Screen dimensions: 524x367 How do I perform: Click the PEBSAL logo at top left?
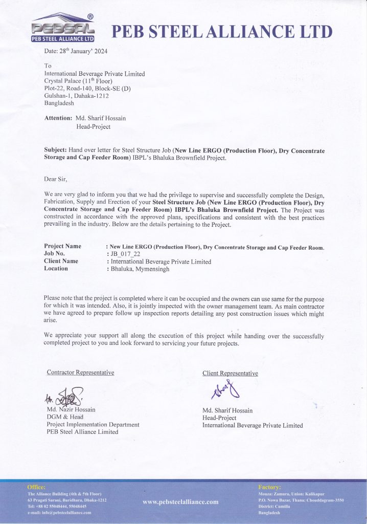[x=63, y=29]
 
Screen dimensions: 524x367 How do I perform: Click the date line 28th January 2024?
[x=76, y=51]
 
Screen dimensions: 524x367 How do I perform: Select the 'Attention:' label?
[x=58, y=118]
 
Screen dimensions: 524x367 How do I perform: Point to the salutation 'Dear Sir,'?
[x=56, y=179]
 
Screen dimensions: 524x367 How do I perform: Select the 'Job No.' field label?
[x=55, y=254]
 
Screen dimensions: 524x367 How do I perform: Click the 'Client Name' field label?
[x=61, y=261]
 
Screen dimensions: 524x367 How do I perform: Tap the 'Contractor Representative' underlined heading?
[x=80, y=372]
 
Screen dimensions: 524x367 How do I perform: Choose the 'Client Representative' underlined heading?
[x=230, y=374]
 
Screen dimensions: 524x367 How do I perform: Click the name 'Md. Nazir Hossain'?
[x=72, y=410]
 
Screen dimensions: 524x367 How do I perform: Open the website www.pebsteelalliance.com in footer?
[x=180, y=502]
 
